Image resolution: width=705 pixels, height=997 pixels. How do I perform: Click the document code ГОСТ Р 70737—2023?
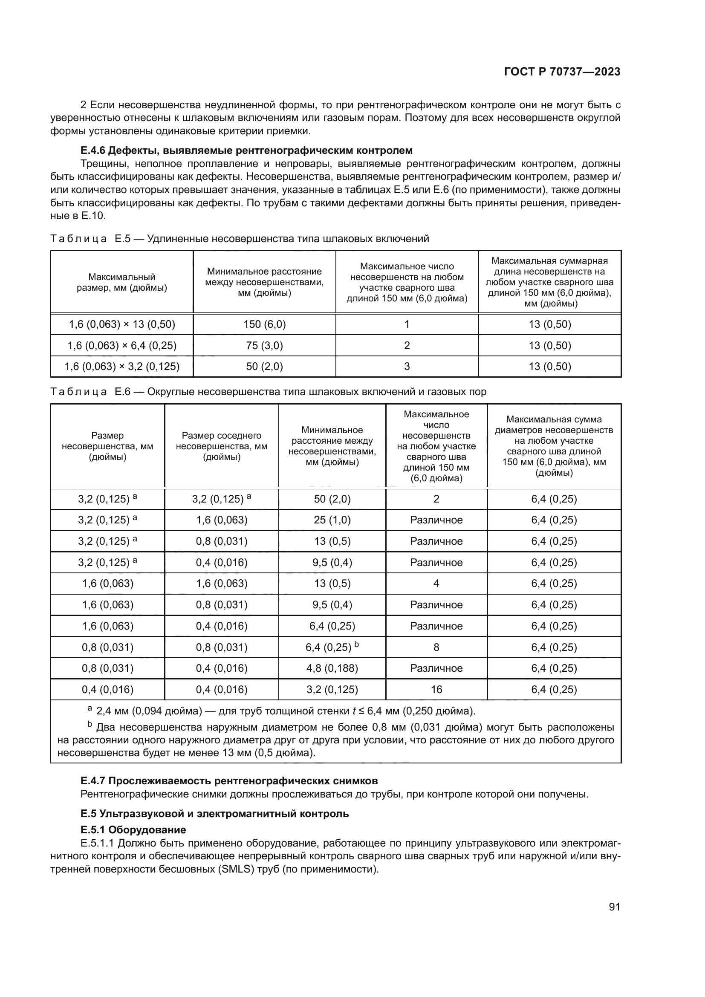click(562, 72)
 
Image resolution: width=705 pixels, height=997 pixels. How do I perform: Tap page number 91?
click(614, 907)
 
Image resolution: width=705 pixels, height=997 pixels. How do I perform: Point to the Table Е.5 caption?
click(240, 239)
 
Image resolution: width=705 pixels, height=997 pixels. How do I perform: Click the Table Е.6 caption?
click(268, 392)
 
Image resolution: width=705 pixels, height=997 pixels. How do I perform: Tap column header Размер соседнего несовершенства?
click(221, 446)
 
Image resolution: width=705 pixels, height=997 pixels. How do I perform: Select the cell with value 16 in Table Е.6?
click(436, 690)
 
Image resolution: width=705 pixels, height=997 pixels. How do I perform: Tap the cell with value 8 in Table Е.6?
click(436, 647)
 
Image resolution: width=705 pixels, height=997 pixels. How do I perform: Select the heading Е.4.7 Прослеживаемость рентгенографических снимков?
click(229, 781)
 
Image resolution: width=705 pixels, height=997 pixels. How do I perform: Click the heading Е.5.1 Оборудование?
click(133, 830)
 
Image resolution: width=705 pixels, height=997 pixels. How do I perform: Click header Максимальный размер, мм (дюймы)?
click(121, 282)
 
